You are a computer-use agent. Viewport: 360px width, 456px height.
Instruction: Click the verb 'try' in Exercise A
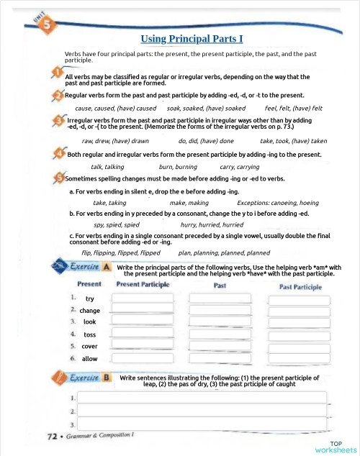(89, 298)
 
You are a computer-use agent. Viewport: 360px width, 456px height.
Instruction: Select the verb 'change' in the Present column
(90, 311)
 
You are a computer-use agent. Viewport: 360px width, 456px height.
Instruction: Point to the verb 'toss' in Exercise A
(89, 334)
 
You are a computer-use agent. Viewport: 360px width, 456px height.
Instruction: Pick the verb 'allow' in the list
(89, 358)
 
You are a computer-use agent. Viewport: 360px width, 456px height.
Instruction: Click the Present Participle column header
(143, 285)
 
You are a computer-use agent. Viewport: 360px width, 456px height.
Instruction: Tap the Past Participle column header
(300, 286)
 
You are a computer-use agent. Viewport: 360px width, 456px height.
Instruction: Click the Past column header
(220, 286)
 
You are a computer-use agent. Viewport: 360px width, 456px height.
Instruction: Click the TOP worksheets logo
(336, 446)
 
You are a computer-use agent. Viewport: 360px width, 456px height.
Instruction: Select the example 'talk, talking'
(107, 166)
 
